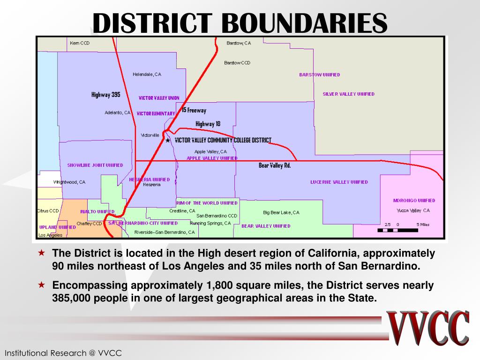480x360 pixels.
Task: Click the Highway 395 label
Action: pos(105,95)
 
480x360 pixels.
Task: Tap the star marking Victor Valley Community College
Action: pos(168,140)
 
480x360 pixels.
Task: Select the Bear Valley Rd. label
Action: pos(275,165)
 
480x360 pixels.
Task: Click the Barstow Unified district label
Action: pos(319,75)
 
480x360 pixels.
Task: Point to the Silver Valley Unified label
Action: pos(348,94)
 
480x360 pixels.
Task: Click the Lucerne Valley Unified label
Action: pos(339,182)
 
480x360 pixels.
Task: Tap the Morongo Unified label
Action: pos(414,201)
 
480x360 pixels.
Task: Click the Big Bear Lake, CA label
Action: pos(281,212)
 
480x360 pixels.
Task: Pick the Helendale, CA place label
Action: pos(147,74)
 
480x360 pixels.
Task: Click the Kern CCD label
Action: pos(79,43)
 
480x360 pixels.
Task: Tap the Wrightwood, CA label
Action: pos(69,182)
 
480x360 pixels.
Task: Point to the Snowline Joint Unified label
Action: pos(95,165)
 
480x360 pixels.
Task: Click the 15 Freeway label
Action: pos(194,111)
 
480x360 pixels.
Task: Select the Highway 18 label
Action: pos(208,124)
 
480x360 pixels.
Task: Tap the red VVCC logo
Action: pos(428,328)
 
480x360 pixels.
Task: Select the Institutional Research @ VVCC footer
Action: pos(63,353)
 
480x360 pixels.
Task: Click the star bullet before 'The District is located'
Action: pos(42,253)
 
